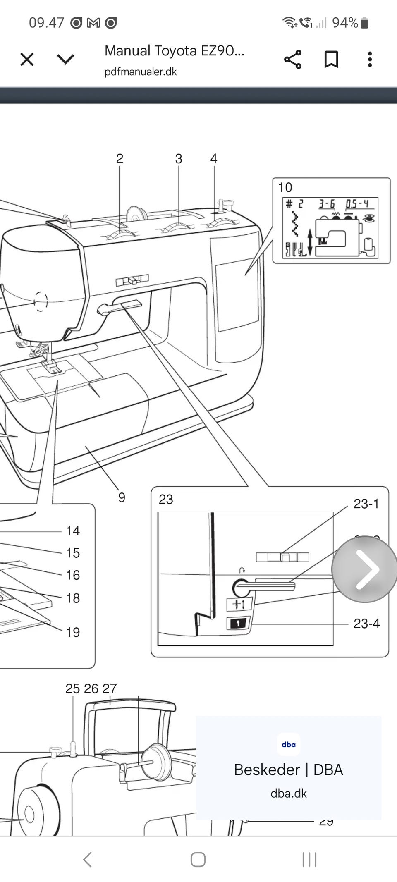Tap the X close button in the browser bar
(27, 60)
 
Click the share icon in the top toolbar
(293, 60)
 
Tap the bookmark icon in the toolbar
(331, 60)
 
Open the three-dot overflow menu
(370, 60)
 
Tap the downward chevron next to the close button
(65, 60)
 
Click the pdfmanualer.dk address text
(141, 72)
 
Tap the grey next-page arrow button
(364, 569)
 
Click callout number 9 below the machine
(122, 497)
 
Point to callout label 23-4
(366, 623)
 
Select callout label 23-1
(366, 504)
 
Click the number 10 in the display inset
(285, 187)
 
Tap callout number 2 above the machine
(120, 159)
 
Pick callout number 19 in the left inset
(73, 632)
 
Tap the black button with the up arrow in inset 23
(238, 623)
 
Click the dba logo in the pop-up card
(289, 744)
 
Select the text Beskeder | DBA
(288, 770)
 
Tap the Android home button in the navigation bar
(198, 860)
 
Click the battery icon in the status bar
(364, 23)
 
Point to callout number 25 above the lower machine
(72, 688)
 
